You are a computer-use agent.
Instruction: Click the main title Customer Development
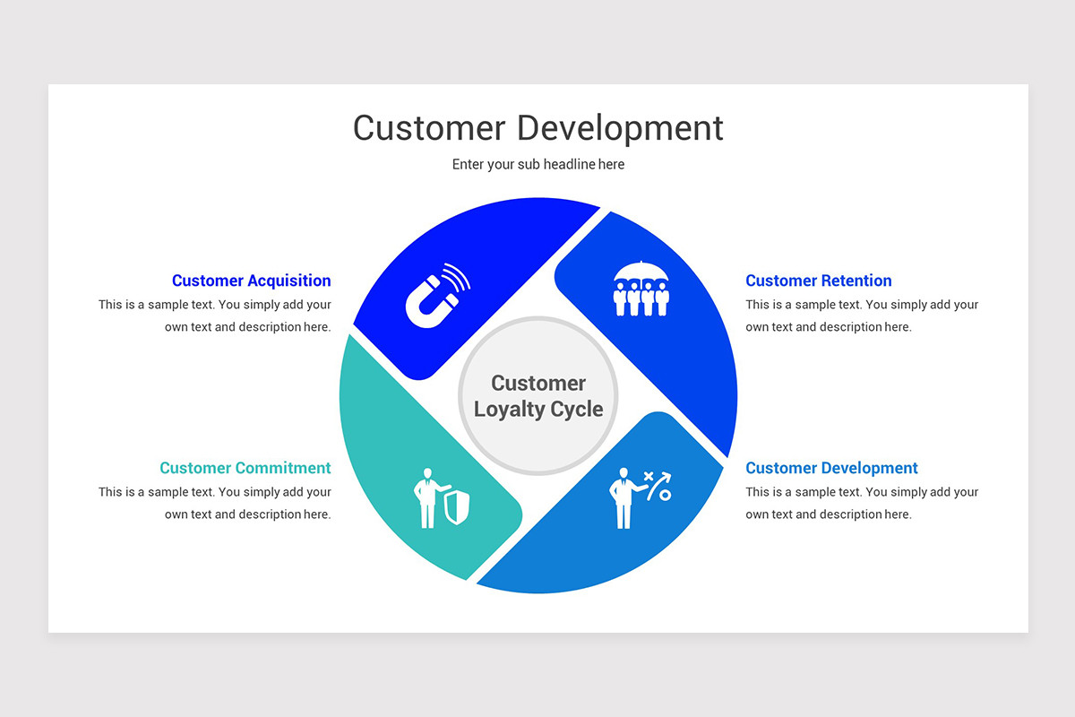point(537,127)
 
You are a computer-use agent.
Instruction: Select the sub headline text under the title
point(537,164)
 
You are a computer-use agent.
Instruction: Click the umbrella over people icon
point(641,289)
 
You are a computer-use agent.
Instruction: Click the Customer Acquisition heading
point(251,281)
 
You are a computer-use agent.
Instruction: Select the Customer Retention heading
point(818,281)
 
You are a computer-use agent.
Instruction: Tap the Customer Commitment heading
point(245,468)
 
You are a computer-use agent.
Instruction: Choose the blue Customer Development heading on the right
point(831,468)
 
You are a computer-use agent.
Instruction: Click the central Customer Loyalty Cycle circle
point(537,395)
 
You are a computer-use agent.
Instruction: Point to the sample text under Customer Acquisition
point(215,315)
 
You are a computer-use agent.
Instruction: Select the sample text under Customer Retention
point(862,315)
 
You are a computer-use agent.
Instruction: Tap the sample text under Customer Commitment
point(215,503)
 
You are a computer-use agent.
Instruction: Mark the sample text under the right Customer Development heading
point(862,503)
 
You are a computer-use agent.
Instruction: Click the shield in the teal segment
point(455,508)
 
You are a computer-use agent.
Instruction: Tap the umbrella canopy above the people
point(641,270)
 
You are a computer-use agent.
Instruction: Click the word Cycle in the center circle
point(577,410)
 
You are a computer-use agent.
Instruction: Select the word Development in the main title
point(620,127)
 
